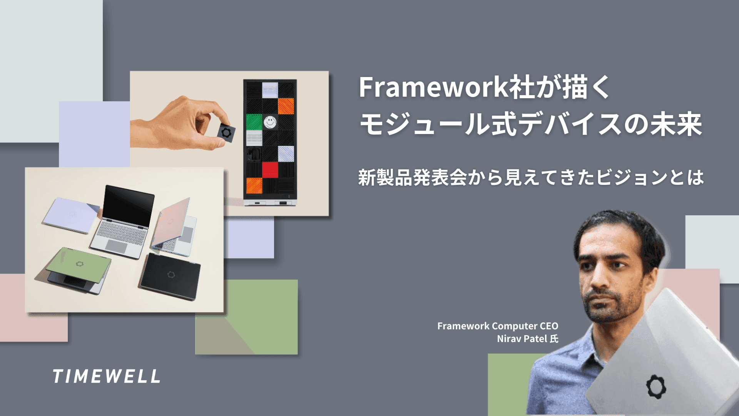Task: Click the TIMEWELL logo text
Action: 106,376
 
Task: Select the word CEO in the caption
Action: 548,326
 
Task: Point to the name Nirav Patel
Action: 522,339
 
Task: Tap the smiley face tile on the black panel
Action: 270,122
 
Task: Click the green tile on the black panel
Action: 254,122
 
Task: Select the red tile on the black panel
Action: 270,169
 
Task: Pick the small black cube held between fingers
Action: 226,133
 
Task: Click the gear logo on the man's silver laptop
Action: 656,386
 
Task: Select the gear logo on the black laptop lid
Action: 171,275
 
